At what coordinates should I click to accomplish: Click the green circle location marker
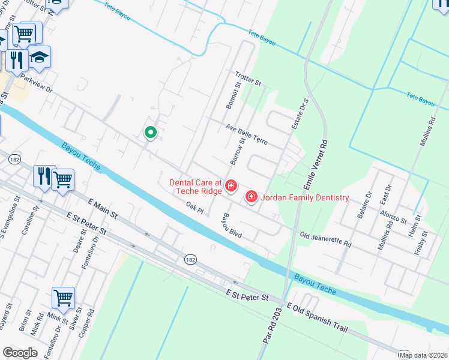150,132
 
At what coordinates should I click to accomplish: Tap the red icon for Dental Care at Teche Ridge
231,188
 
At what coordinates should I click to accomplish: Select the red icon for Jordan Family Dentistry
251,197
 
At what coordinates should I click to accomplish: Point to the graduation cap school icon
39,58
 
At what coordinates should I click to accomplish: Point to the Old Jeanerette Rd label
325,240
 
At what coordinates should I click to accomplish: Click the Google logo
20,353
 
